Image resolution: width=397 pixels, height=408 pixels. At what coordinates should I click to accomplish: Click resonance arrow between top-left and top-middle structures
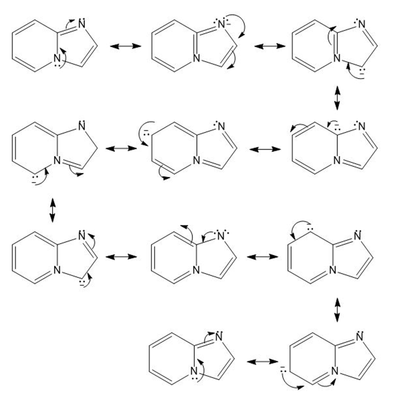[126, 46]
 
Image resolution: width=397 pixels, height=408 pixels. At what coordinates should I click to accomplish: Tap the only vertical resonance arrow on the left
[53, 210]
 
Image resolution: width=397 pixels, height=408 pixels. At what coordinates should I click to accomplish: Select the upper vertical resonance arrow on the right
[337, 97]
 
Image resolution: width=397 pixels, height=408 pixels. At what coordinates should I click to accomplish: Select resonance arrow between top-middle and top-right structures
[270, 46]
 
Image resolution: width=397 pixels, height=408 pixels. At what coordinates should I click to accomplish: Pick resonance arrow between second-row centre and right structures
[265, 150]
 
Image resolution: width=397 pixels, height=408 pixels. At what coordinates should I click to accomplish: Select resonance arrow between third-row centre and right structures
[263, 256]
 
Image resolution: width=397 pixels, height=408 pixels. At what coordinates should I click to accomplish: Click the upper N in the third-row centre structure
[221, 237]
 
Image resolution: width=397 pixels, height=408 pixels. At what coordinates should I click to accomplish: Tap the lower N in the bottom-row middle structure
[193, 373]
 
